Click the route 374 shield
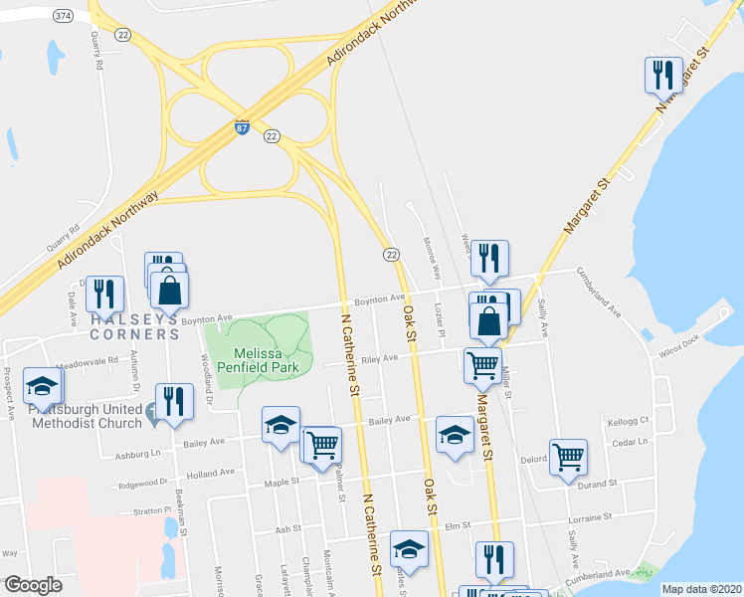click(63, 15)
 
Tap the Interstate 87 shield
click(243, 128)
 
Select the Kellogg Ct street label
click(629, 421)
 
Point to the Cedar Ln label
click(630, 442)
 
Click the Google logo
click(33, 585)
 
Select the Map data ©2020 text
click(700, 589)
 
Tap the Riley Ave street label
click(380, 359)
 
